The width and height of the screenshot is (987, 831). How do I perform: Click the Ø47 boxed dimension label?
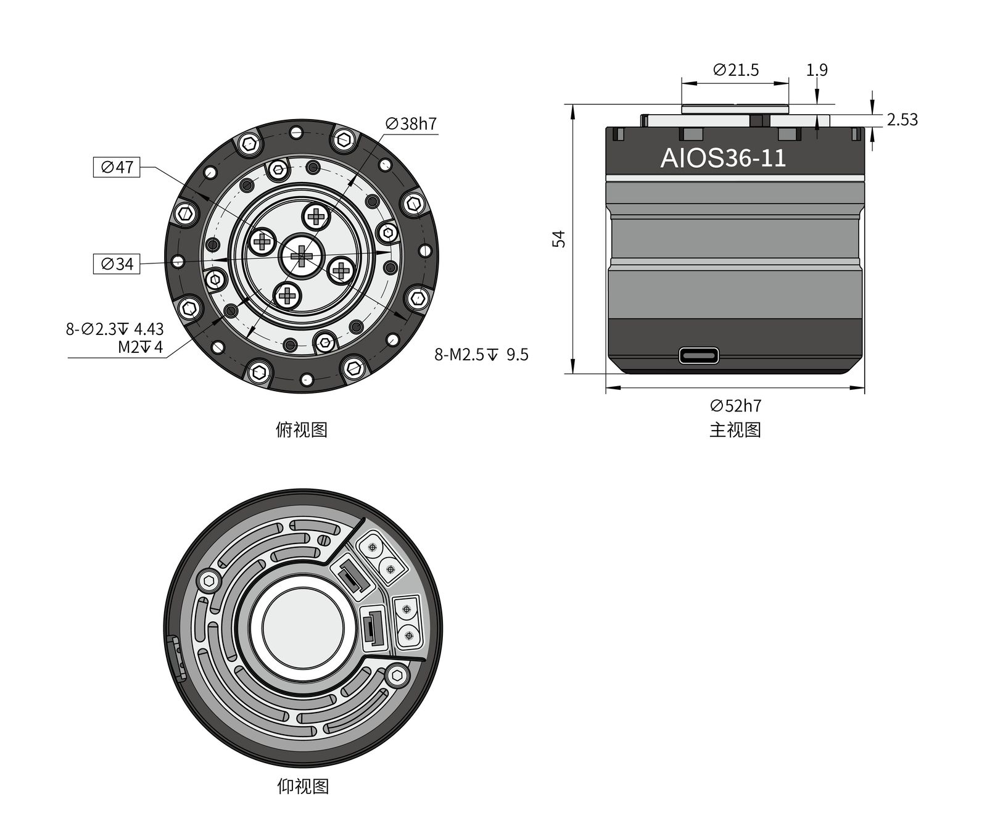point(117,167)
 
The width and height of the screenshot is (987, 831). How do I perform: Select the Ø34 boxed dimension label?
point(117,264)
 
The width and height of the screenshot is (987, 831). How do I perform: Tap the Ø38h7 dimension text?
point(411,124)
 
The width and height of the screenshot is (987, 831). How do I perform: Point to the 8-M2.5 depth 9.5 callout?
point(481,355)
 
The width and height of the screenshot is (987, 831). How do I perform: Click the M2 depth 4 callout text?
point(141,347)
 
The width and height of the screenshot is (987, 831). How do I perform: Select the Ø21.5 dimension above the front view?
point(735,70)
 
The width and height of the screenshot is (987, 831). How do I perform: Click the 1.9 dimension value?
point(817,70)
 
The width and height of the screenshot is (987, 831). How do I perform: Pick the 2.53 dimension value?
point(902,120)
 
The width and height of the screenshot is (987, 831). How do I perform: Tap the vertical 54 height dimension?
point(558,239)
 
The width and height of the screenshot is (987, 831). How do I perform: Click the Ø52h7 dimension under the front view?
point(735,406)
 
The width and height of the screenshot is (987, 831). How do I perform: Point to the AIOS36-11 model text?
point(723,159)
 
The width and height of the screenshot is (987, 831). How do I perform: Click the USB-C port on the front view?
point(698,356)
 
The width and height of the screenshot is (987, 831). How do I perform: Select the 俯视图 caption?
point(301,429)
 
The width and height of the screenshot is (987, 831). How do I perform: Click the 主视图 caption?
point(735,429)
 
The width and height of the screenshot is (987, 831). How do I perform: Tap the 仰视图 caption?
point(302,786)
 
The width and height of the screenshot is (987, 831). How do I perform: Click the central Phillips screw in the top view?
point(302,255)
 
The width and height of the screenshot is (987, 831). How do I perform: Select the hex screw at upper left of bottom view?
point(209,581)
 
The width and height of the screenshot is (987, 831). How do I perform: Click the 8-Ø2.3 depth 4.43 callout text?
point(115,329)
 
